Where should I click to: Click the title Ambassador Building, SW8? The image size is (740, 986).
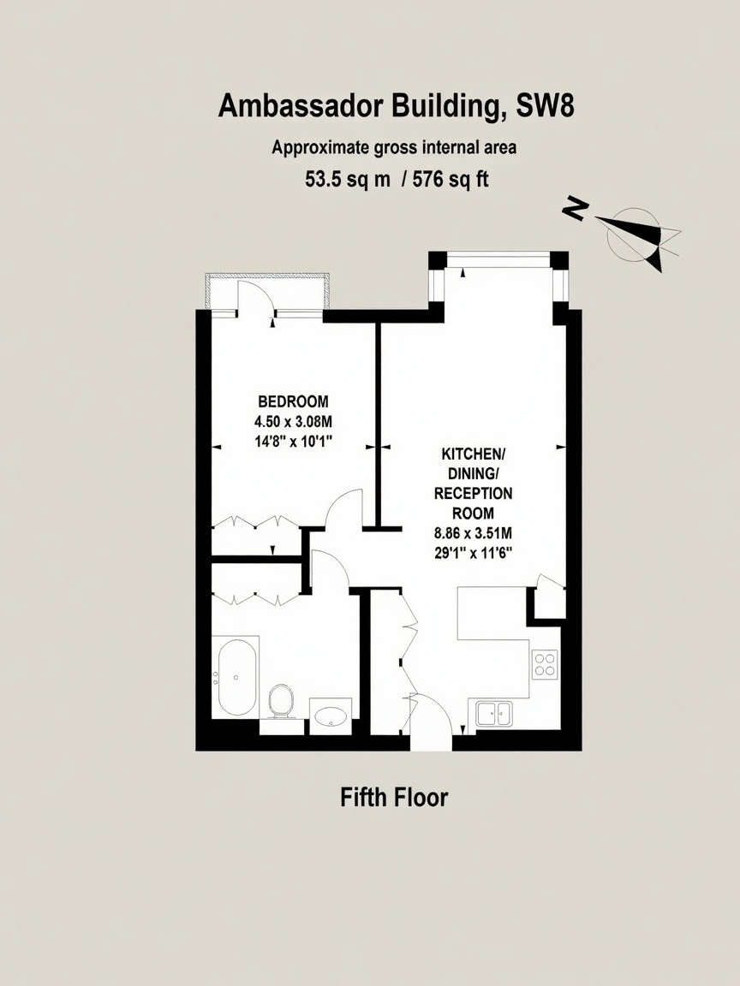click(x=396, y=106)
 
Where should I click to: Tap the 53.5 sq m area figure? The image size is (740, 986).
click(x=348, y=180)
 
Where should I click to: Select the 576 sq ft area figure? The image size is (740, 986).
click(x=450, y=180)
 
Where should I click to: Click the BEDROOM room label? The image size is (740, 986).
click(x=293, y=401)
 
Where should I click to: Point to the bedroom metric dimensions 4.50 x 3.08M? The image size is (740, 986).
click(x=293, y=421)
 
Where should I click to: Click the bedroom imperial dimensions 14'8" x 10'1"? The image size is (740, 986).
click(x=293, y=441)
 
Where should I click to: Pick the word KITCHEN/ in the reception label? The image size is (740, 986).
click(x=473, y=454)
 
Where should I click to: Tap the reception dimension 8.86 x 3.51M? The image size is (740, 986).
click(x=473, y=533)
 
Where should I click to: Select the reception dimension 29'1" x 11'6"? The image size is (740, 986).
click(x=473, y=554)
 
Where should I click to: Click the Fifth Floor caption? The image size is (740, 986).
click(x=394, y=798)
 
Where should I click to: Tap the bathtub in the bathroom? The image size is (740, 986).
click(x=235, y=677)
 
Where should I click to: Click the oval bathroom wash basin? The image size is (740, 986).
click(x=331, y=716)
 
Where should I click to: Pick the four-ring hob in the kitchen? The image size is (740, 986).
click(x=545, y=665)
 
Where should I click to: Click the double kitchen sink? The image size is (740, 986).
click(x=494, y=714)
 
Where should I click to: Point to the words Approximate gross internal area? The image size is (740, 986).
click(x=394, y=148)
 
